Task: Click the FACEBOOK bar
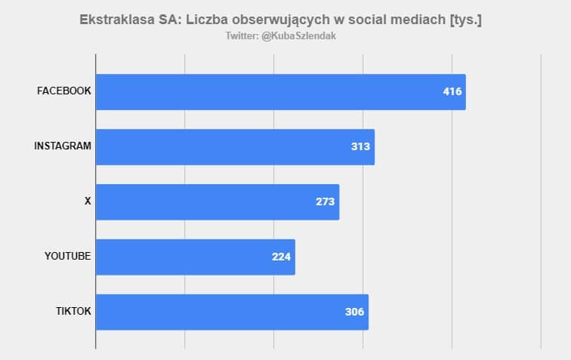(x=280, y=92)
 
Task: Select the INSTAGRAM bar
(x=235, y=146)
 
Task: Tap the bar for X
(x=218, y=202)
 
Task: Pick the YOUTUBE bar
(x=195, y=257)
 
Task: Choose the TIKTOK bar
(x=232, y=312)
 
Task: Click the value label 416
(x=452, y=92)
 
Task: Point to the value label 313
(x=361, y=146)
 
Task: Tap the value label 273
(x=326, y=202)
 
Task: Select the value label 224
(x=282, y=257)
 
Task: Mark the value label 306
(x=355, y=312)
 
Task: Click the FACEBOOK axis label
(x=64, y=91)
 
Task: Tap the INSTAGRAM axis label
(x=63, y=146)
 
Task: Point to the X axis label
(x=88, y=202)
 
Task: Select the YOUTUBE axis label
(x=68, y=257)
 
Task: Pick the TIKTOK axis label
(x=74, y=312)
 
